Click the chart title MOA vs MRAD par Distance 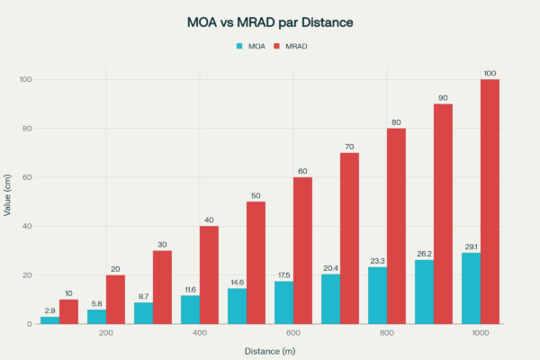pyautogui.click(x=270, y=21)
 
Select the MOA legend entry pyautogui.click(x=251, y=45)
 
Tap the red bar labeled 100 pyautogui.click(x=490, y=202)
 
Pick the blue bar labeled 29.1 pyautogui.click(x=471, y=289)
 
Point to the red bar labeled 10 pyautogui.click(x=68, y=311)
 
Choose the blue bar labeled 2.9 pyautogui.click(x=49, y=320)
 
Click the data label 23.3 pyautogui.click(x=377, y=260)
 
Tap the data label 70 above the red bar pyautogui.click(x=349, y=146)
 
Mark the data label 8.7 pyautogui.click(x=143, y=296)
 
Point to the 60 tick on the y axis pyautogui.click(x=27, y=177)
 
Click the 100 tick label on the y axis pyautogui.click(x=24, y=80)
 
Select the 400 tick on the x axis pyautogui.click(x=200, y=334)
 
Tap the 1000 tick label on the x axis pyautogui.click(x=481, y=334)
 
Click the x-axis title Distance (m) pyautogui.click(x=270, y=350)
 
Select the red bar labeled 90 pyautogui.click(x=443, y=214)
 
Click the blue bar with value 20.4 pyautogui.click(x=330, y=299)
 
